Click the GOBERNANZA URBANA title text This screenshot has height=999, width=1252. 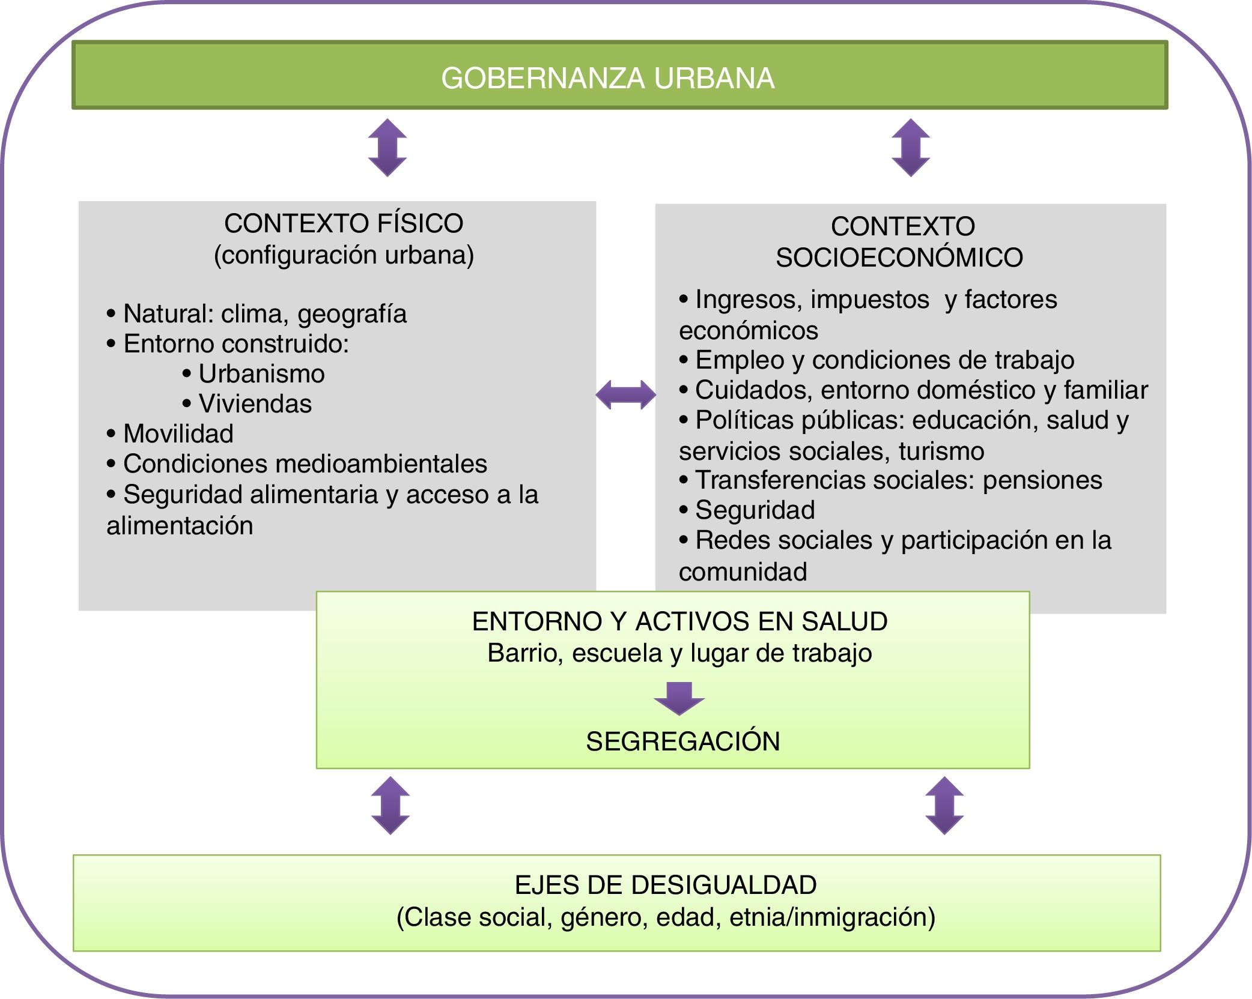click(x=607, y=78)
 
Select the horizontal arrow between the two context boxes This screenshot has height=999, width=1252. click(x=625, y=395)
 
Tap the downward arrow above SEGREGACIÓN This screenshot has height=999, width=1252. click(x=679, y=698)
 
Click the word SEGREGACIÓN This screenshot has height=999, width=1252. click(x=682, y=741)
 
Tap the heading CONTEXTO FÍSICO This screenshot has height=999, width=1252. click(x=344, y=223)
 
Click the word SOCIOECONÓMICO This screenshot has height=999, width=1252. click(x=899, y=258)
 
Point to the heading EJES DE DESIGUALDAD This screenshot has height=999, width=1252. click(x=666, y=885)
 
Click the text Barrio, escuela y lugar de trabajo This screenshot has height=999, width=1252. click(x=679, y=653)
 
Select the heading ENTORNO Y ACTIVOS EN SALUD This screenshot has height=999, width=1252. click(x=679, y=621)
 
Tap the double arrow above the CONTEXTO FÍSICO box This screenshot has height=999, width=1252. click(x=387, y=148)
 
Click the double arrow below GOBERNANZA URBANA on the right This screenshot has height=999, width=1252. click(x=911, y=148)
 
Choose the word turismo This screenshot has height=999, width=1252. click(x=941, y=451)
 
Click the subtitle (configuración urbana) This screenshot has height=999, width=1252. click(x=344, y=255)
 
